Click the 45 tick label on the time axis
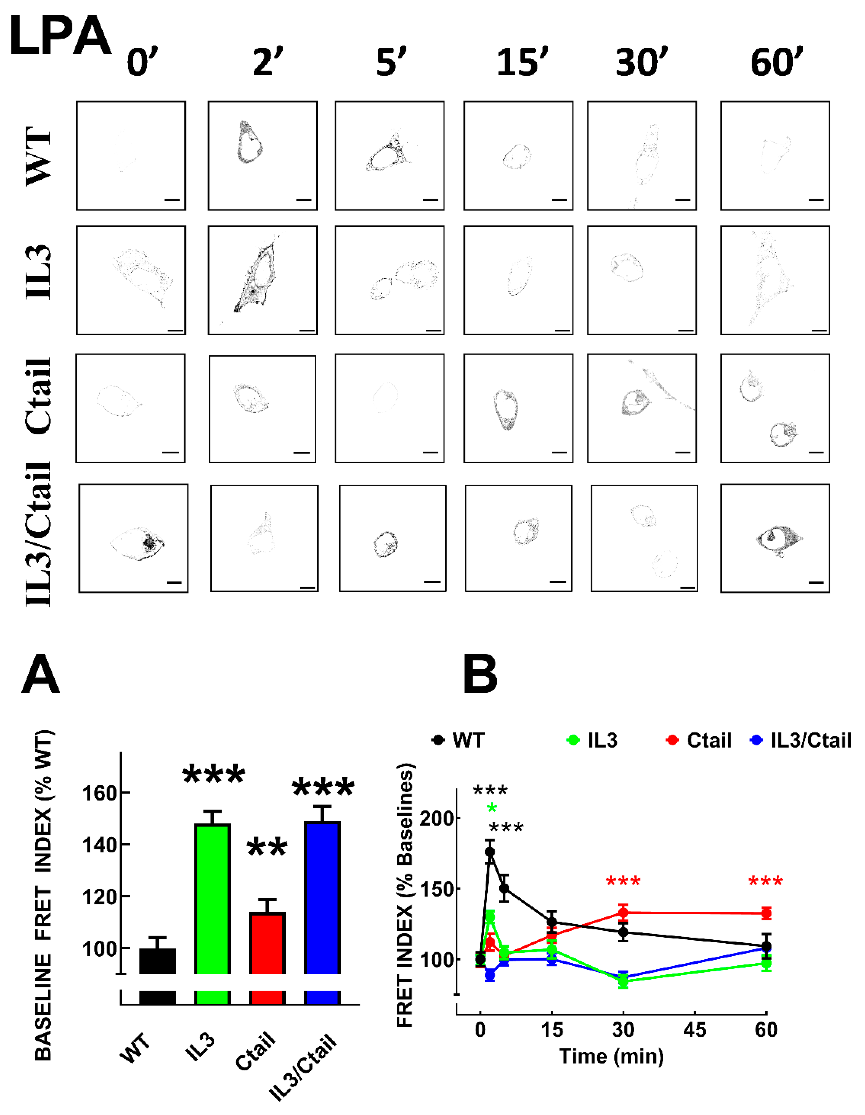click(x=695, y=1030)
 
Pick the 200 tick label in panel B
click(x=437, y=818)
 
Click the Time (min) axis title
click(x=611, y=1056)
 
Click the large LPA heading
click(x=60, y=37)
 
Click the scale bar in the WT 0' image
click(x=172, y=200)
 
